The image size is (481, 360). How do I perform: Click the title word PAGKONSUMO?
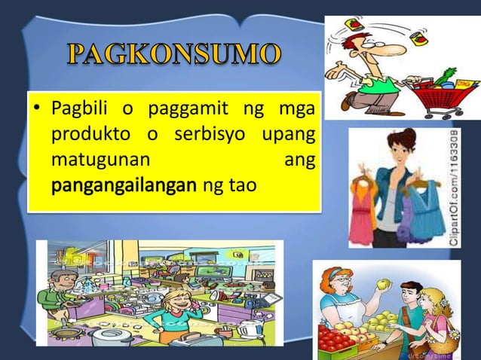[x=176, y=56]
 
